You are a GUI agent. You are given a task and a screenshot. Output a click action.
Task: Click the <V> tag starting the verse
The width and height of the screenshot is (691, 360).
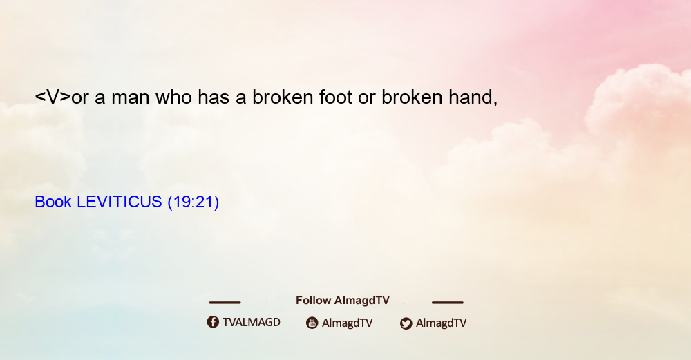[53, 97]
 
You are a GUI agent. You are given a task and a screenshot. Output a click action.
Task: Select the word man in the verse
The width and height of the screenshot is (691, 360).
[130, 98]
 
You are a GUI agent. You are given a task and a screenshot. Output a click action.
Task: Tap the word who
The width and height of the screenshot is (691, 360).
[173, 97]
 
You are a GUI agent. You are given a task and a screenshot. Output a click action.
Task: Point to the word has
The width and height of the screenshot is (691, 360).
[214, 97]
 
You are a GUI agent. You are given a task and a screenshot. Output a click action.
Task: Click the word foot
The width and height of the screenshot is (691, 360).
[335, 97]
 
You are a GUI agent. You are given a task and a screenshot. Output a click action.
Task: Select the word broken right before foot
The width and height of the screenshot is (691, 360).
[283, 97]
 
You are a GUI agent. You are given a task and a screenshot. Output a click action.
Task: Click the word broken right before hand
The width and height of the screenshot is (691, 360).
[412, 97]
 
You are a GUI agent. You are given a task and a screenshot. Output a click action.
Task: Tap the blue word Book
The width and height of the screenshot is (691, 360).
[53, 202]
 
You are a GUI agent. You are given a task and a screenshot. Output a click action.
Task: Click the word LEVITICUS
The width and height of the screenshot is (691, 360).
[120, 202]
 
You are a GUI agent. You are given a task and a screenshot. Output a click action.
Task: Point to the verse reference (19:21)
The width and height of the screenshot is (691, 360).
[193, 202]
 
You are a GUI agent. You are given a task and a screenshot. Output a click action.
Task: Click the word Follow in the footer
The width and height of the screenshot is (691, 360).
[313, 300]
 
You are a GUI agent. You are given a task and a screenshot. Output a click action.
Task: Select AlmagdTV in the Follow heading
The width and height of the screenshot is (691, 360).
[362, 301]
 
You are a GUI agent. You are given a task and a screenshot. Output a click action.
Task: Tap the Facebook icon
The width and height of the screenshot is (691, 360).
[213, 322]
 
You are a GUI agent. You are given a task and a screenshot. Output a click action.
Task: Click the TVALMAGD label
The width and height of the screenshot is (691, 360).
[252, 322]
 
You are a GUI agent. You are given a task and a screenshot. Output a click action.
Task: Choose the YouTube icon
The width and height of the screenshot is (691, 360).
[312, 323]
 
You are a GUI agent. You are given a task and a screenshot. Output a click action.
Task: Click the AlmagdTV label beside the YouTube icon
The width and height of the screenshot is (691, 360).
[348, 323]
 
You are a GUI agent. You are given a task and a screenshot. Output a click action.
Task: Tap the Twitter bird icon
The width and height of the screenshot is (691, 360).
[406, 323]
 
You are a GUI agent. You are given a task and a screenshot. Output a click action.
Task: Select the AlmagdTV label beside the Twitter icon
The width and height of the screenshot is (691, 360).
[441, 323]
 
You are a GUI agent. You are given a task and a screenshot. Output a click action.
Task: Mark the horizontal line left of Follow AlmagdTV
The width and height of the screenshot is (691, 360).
[225, 302]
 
